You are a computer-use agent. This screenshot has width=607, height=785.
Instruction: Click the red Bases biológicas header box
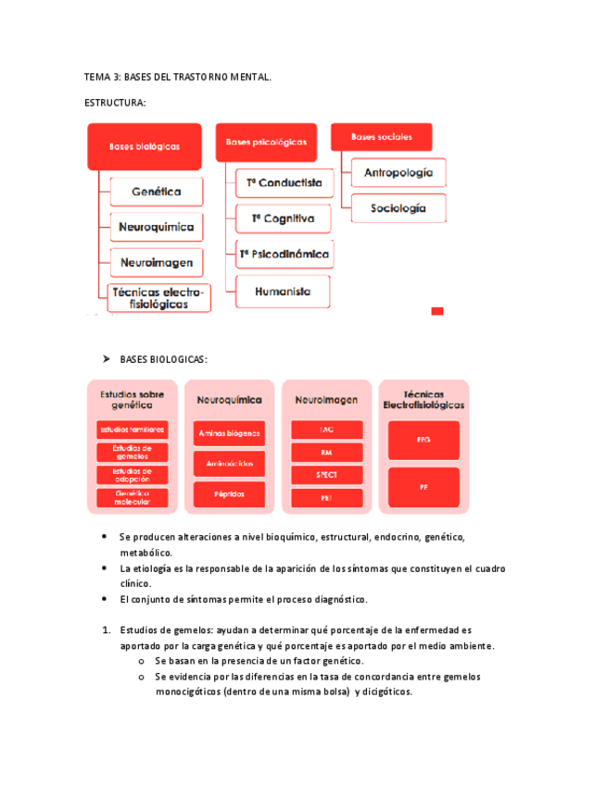pyautogui.click(x=145, y=146)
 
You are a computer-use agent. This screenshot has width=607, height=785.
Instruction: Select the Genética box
pyautogui.click(x=156, y=193)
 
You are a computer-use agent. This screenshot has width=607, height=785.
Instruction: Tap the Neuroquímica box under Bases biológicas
pyautogui.click(x=157, y=227)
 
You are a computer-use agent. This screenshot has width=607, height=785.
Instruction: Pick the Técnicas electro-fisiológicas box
pyautogui.click(x=159, y=298)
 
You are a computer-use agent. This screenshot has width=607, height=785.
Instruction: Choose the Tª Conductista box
pyautogui.click(x=284, y=183)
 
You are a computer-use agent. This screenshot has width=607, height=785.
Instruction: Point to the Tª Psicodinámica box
pyautogui.click(x=284, y=253)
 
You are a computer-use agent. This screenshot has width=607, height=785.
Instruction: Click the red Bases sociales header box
pyautogui.click(x=381, y=137)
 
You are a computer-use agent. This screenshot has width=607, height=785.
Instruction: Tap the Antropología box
pyautogui.click(x=398, y=172)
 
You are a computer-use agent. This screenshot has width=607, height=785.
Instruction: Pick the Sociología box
pyautogui.click(x=398, y=208)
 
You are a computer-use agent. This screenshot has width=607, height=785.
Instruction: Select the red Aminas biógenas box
pyautogui.click(x=229, y=432)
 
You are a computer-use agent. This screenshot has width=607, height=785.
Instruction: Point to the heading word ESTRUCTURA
pyautogui.click(x=114, y=104)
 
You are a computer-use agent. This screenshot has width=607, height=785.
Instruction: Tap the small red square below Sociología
pyautogui.click(x=437, y=312)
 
